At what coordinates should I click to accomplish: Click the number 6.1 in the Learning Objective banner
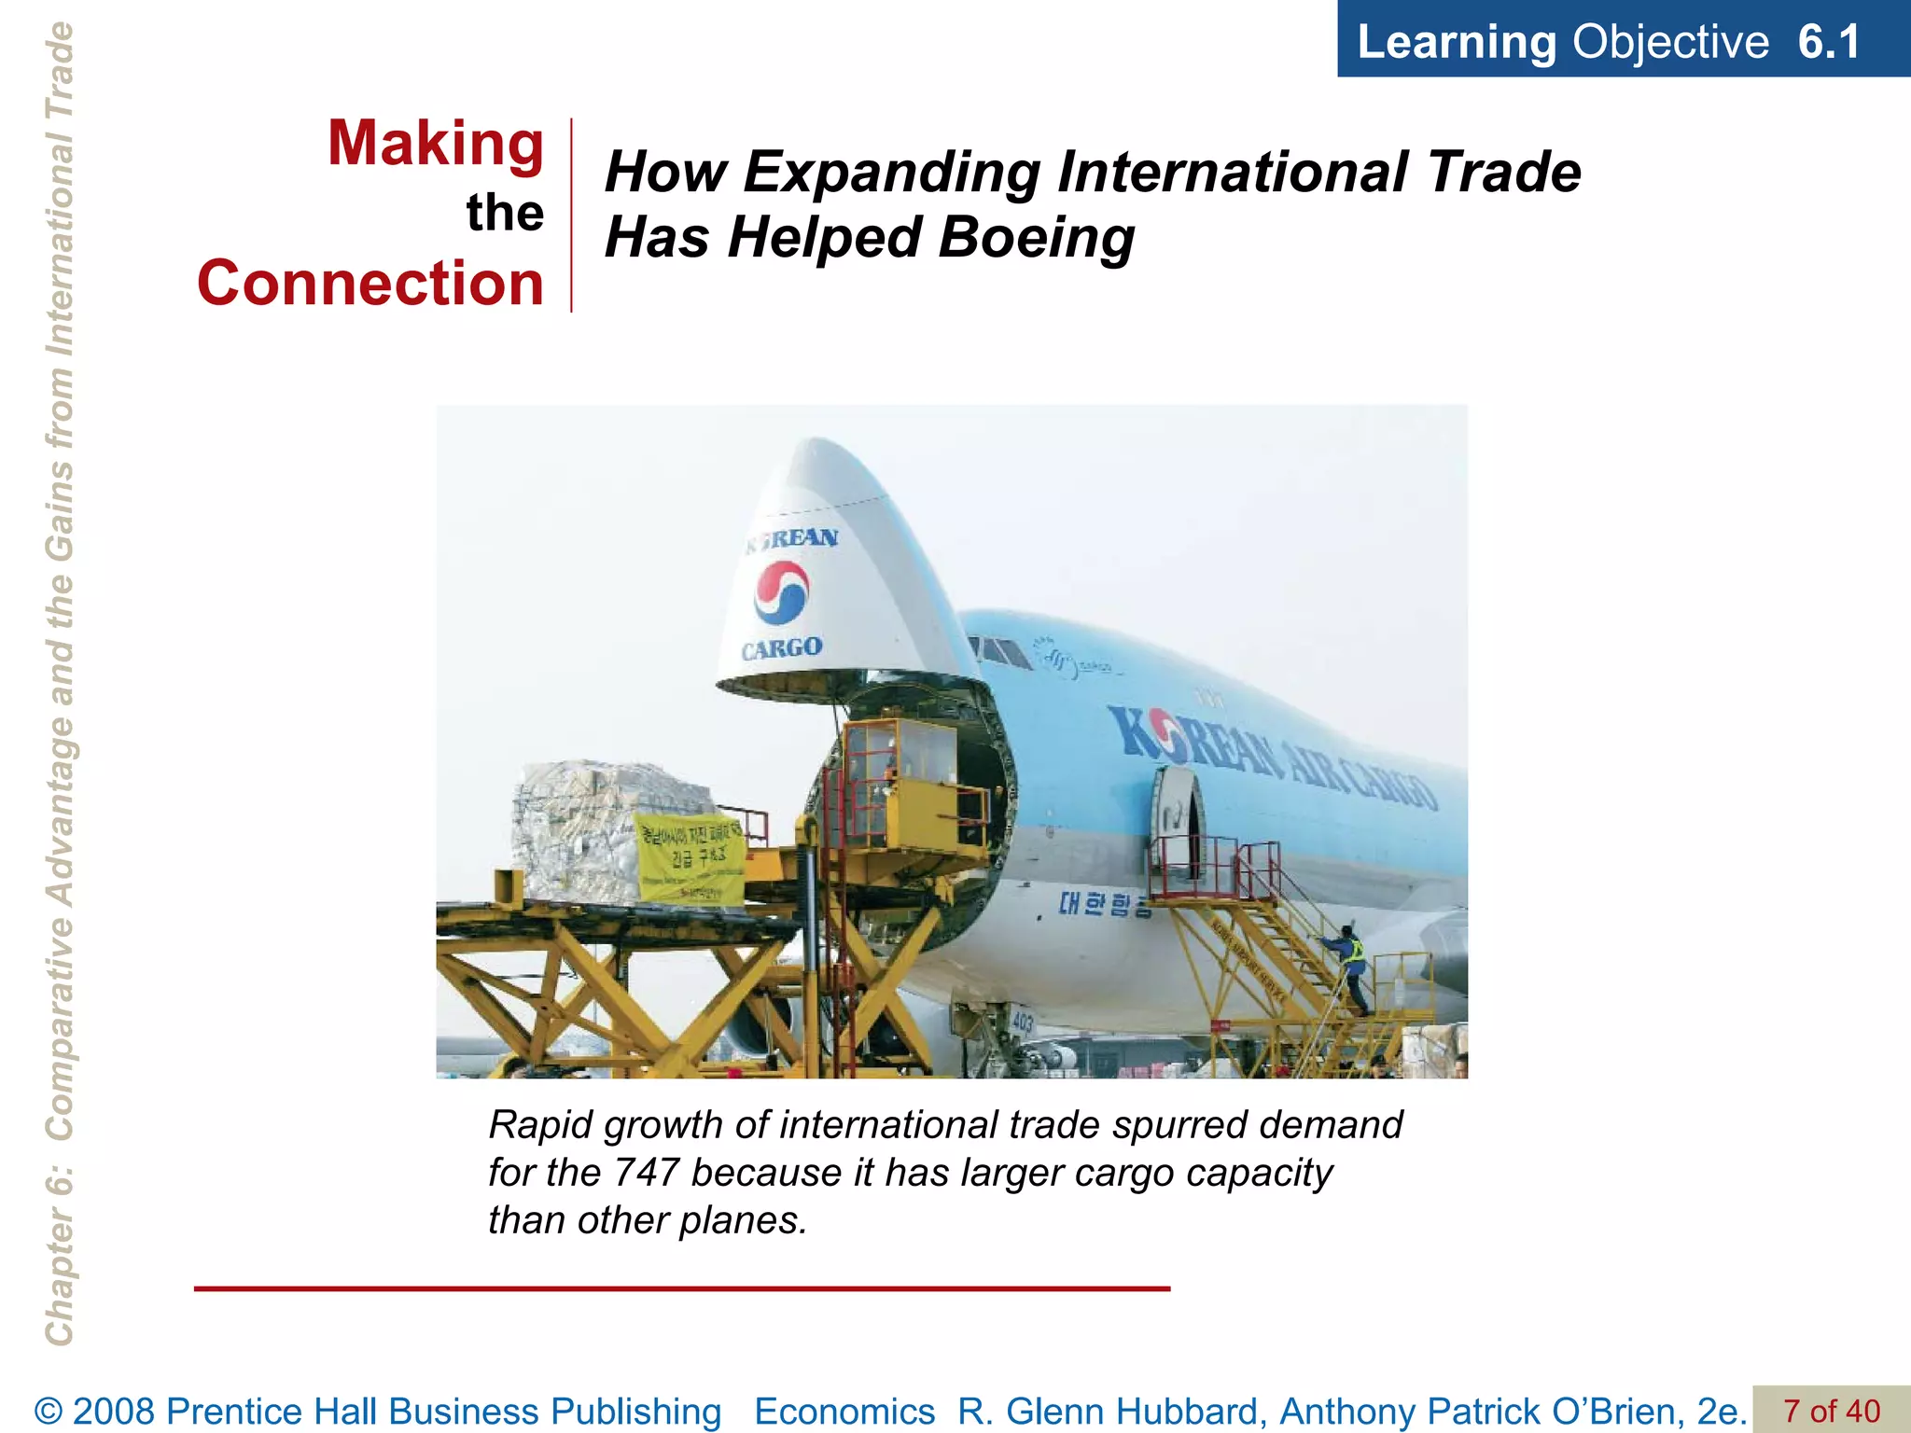1828,42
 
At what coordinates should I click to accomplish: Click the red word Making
435,144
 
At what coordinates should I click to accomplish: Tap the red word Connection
370,283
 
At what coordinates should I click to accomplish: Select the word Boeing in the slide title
1036,237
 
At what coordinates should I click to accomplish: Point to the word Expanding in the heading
891,173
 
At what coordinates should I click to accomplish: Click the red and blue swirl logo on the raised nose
781,592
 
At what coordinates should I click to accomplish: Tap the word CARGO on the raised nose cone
782,647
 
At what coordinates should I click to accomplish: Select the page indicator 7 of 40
1831,1411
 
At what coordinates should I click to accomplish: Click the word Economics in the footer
844,1412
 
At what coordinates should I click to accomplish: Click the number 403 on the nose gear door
1022,1023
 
